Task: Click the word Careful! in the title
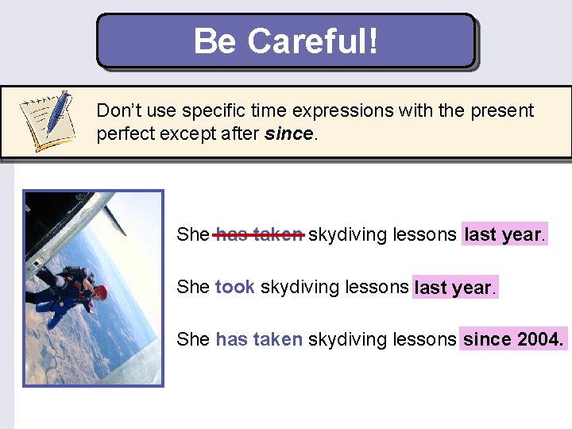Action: (x=313, y=41)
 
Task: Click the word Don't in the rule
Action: (x=117, y=110)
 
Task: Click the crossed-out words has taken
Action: (x=259, y=234)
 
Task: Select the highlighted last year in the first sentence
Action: (x=504, y=234)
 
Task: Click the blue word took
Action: (x=234, y=287)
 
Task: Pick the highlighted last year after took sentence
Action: (x=454, y=288)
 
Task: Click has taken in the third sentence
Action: (x=259, y=339)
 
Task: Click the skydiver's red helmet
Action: (x=101, y=292)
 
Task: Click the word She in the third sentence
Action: (x=193, y=339)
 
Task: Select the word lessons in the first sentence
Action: (x=425, y=234)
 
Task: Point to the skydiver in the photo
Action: (x=68, y=294)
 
